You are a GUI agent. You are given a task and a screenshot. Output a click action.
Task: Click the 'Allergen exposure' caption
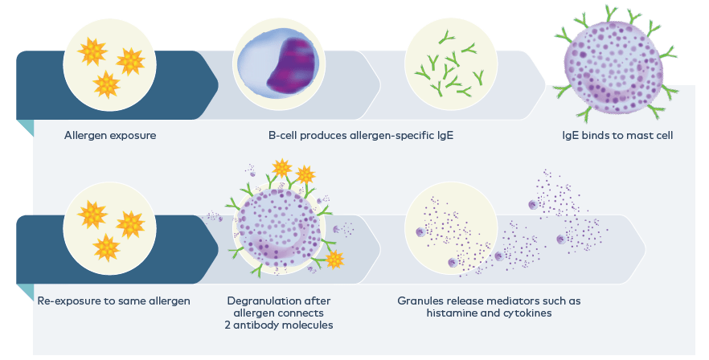pos(110,135)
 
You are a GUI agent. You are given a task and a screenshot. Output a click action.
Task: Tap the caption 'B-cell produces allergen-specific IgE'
pos(361,135)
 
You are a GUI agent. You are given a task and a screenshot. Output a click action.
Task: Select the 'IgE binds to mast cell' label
pos(617,135)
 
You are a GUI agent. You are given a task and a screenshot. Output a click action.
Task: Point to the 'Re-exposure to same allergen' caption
pos(114,301)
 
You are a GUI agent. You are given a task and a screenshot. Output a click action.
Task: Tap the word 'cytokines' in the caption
pos(527,313)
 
